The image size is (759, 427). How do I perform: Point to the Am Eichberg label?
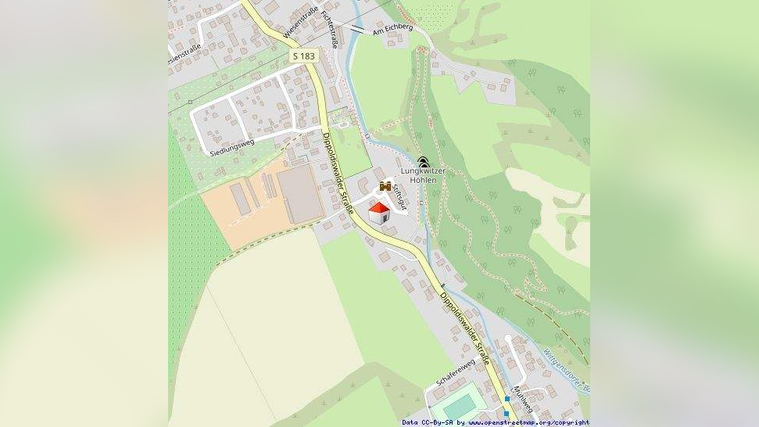point(392,28)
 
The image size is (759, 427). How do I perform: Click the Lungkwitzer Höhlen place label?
point(423,175)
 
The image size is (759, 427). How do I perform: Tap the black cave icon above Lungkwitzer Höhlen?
point(423,162)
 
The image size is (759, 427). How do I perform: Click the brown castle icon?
point(385,186)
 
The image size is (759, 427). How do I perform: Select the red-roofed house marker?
point(379,213)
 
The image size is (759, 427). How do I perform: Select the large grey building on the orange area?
point(300,194)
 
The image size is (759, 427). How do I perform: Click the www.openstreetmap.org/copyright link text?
point(530,422)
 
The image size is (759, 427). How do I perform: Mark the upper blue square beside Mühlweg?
point(507,399)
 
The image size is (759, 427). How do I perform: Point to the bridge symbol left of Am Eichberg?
point(356,28)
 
